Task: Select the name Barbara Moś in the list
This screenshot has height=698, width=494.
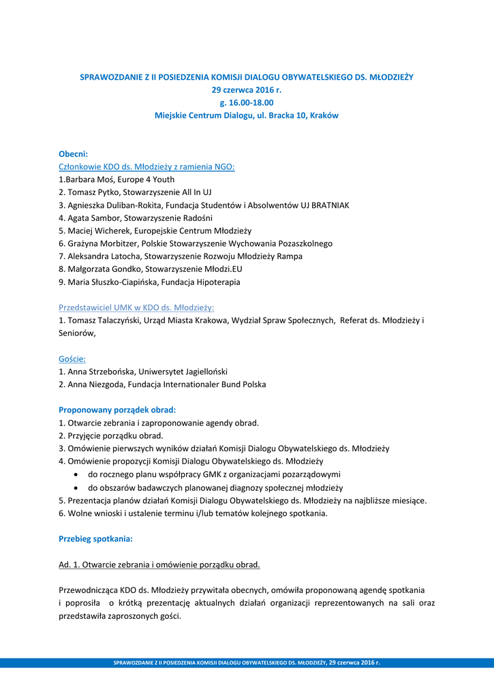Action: click(x=87, y=180)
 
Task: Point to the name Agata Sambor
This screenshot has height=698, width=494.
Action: click(x=92, y=218)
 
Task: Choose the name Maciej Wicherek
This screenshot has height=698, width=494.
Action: click(x=97, y=231)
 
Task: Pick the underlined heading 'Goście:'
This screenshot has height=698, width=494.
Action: click(x=72, y=359)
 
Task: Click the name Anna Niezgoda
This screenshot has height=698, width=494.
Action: click(x=95, y=384)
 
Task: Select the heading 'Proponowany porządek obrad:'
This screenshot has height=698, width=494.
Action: click(x=117, y=410)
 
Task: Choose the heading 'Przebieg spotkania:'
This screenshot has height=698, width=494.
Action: click(x=95, y=538)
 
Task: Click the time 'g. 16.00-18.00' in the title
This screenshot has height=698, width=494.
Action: click(x=246, y=102)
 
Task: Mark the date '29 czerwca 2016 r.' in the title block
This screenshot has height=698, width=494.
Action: click(x=246, y=90)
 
